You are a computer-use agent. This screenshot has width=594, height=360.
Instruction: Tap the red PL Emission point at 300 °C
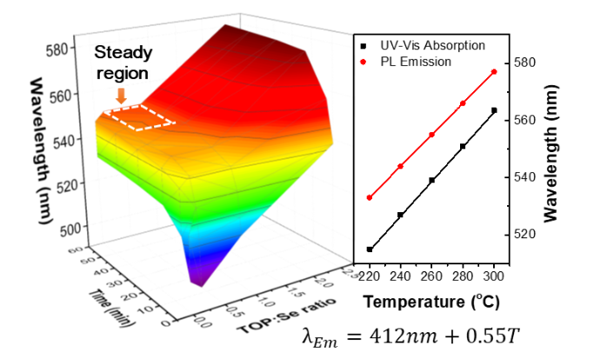click(494, 72)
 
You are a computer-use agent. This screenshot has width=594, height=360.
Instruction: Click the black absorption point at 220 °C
click(370, 250)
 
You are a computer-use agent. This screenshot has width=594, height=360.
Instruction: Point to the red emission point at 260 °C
click(432, 135)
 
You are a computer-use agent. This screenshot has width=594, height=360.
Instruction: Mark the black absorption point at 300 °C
click(494, 110)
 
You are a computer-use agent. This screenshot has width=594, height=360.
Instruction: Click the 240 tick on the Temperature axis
click(400, 272)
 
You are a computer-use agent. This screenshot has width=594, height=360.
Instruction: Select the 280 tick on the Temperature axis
click(463, 272)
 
